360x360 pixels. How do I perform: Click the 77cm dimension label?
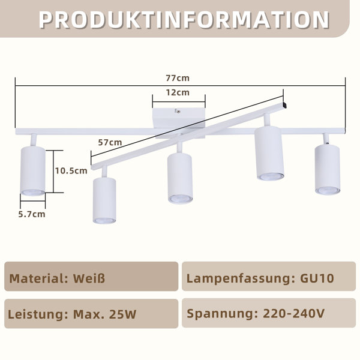click(x=178, y=78)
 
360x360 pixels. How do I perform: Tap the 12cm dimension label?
click(x=178, y=92)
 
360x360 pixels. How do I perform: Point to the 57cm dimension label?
click(x=110, y=143)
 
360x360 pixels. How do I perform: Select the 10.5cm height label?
click(x=71, y=171)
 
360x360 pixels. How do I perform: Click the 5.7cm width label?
click(x=32, y=214)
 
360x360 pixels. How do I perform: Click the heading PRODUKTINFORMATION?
click(x=184, y=20)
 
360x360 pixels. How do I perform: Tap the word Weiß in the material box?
click(x=89, y=278)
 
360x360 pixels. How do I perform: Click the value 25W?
click(x=123, y=314)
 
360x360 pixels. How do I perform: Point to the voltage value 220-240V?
click(x=293, y=313)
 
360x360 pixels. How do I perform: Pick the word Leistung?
click(x=36, y=314)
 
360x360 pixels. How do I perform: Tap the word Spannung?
click(x=220, y=313)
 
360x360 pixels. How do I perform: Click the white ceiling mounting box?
click(x=179, y=118)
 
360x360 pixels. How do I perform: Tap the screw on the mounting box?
click(x=178, y=112)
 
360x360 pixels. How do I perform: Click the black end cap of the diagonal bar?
click(x=284, y=105)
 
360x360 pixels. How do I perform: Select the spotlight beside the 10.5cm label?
click(x=33, y=171)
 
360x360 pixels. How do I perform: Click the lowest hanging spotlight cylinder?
click(x=104, y=200)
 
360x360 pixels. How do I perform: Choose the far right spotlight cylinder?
click(x=328, y=170)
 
